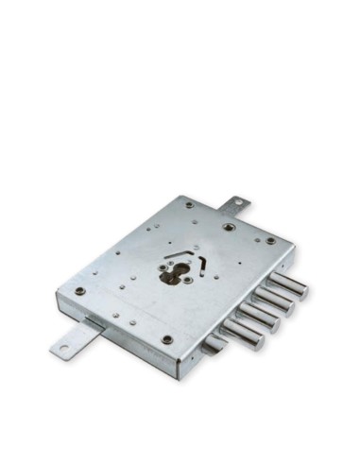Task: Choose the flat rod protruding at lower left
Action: [76, 339]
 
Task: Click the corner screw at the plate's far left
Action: [80, 290]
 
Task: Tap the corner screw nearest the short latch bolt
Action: [167, 338]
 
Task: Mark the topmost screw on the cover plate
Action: [189, 205]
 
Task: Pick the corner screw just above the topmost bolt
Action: [271, 240]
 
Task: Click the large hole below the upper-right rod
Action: [228, 227]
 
